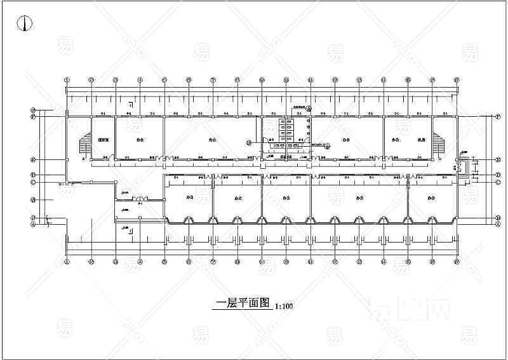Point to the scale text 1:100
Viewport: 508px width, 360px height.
pos(284,306)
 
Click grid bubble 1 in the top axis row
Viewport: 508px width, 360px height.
pos(67,80)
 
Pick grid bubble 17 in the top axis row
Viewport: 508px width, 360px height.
pos(457,80)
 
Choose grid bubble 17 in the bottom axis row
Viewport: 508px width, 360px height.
pos(457,261)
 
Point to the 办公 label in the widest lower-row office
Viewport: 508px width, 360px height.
pos(359,197)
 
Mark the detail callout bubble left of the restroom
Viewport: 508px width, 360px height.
pos(250,142)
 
